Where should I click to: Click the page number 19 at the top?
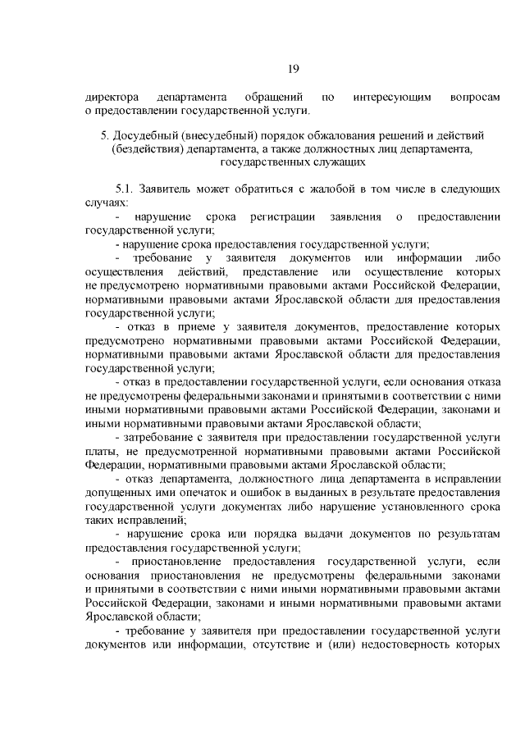[x=293, y=69]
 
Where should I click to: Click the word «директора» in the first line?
[x=111, y=97]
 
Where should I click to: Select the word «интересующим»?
[x=392, y=97]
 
